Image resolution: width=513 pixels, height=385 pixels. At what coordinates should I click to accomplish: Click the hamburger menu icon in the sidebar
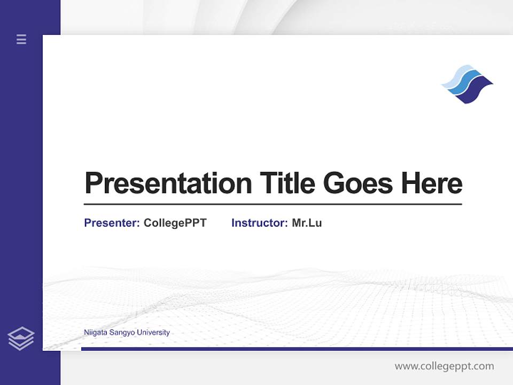tap(21, 39)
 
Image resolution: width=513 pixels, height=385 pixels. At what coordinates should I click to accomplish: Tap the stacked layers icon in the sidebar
tap(21, 338)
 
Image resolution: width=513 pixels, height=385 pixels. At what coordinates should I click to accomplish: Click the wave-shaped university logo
tap(467, 84)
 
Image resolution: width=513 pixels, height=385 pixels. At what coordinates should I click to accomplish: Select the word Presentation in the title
tap(168, 183)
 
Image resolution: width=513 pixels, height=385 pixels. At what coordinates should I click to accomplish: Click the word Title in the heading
tap(287, 183)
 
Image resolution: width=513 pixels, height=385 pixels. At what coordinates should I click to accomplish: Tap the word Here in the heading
tap(432, 183)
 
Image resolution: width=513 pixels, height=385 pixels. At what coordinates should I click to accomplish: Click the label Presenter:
tap(112, 223)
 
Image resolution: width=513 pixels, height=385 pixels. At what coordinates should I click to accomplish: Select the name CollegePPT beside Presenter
tap(175, 223)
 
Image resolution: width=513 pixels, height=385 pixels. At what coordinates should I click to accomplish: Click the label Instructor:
tap(259, 223)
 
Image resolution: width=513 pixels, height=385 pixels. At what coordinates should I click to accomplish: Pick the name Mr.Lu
tap(307, 223)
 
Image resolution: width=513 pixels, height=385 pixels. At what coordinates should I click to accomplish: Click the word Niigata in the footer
tap(95, 333)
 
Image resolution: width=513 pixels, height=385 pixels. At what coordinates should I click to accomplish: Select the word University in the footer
tap(153, 333)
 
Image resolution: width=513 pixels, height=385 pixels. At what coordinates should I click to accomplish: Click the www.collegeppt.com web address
tap(444, 366)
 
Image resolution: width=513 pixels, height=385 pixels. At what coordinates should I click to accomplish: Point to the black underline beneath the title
tap(273, 204)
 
